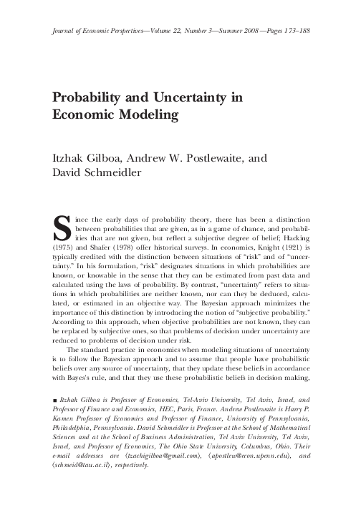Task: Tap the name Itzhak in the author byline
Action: click(x=70, y=152)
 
